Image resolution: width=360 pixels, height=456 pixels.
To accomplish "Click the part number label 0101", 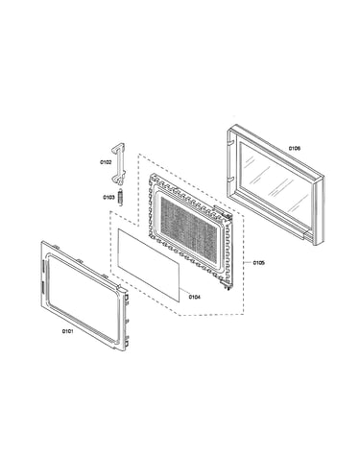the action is tap(67, 331).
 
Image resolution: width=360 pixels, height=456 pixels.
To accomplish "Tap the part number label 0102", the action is tap(106, 162).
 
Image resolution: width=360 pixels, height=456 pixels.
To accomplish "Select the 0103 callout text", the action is tap(108, 198).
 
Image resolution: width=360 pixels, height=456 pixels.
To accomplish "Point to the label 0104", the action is tap(194, 297).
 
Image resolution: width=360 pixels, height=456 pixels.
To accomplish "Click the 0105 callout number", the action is tap(258, 263).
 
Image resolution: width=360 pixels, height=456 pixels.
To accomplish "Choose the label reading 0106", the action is tap(295, 148).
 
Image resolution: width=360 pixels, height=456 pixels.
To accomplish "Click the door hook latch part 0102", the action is tap(119, 164).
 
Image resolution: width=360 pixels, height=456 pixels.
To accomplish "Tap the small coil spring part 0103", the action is tap(120, 198).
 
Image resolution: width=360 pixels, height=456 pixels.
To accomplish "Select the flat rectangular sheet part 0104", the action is tap(149, 265).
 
